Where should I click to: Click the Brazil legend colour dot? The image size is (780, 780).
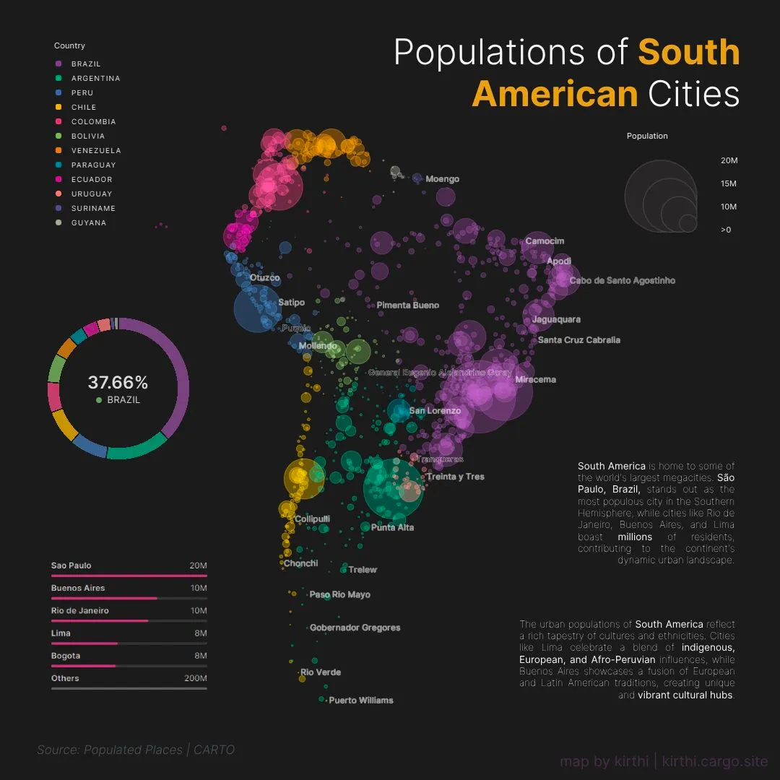click(59, 64)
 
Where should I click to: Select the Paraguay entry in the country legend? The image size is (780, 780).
click(93, 165)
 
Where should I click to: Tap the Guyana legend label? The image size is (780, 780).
click(89, 223)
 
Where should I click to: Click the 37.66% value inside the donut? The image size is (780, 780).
click(118, 383)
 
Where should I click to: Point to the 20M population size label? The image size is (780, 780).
click(729, 161)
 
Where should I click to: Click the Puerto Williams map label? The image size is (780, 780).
click(361, 701)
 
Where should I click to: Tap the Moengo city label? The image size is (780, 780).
click(442, 179)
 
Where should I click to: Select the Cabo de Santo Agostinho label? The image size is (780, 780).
click(623, 281)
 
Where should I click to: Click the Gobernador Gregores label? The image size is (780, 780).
click(355, 628)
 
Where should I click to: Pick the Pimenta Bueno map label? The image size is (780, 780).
click(407, 305)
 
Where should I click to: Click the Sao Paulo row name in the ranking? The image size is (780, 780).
click(71, 565)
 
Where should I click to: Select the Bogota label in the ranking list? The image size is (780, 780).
click(66, 656)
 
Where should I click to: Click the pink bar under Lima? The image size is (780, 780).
click(84, 643)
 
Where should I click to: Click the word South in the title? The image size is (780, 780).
click(689, 53)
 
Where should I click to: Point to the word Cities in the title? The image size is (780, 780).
click(693, 95)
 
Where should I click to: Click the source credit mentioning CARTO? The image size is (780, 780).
click(136, 750)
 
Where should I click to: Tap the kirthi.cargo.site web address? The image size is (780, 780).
click(715, 761)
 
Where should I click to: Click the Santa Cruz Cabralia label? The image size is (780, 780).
click(579, 340)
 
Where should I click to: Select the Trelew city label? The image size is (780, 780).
click(363, 570)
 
